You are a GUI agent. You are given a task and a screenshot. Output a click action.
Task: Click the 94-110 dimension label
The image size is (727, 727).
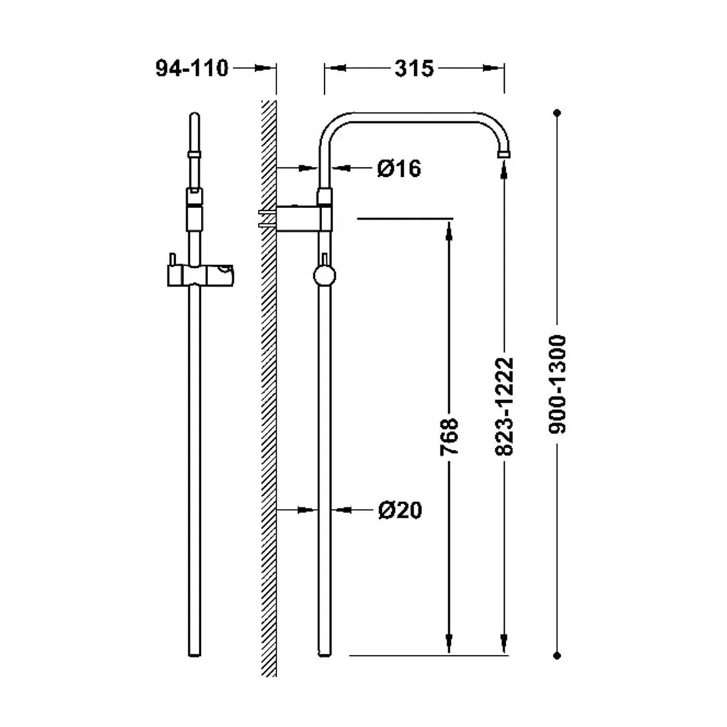point(192,68)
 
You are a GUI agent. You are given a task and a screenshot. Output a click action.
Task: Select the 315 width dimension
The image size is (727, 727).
point(414,68)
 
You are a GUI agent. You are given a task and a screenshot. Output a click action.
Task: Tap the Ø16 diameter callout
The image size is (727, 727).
point(399,168)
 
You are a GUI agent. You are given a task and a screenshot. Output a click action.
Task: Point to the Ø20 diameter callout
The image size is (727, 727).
point(400,510)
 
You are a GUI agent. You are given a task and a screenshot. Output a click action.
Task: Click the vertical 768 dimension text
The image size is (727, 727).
point(449,437)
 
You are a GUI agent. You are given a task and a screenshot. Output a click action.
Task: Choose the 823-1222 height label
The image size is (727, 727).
point(505,406)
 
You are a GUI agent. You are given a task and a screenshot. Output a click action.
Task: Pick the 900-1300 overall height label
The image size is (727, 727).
point(557,384)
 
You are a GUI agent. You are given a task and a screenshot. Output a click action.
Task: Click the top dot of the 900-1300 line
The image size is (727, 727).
point(557,113)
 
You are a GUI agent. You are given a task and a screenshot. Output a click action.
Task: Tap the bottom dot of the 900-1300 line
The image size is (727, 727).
point(557,656)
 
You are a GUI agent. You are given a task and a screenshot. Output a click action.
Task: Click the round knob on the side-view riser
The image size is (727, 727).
point(324,275)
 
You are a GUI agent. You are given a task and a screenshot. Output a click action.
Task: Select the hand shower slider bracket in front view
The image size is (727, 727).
point(200,275)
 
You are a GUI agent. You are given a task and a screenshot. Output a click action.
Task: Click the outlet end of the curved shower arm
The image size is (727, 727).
point(504,153)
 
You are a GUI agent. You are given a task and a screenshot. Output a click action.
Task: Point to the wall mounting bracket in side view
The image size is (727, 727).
point(297,217)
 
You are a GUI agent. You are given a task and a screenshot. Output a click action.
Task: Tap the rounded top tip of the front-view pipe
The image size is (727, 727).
point(195,115)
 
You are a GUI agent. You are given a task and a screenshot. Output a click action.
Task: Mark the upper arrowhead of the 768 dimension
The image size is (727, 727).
point(449,230)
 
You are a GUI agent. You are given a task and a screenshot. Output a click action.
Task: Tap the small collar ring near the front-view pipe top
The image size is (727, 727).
point(195,155)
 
